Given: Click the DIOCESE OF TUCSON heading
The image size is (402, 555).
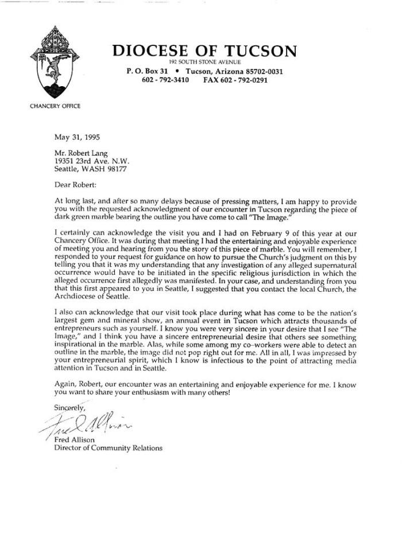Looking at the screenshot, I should [204, 51].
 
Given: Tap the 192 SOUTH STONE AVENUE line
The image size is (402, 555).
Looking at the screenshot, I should [205, 62].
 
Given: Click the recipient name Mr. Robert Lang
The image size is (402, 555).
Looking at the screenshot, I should [82, 154].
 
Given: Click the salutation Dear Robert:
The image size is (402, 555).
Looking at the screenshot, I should [76, 187].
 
